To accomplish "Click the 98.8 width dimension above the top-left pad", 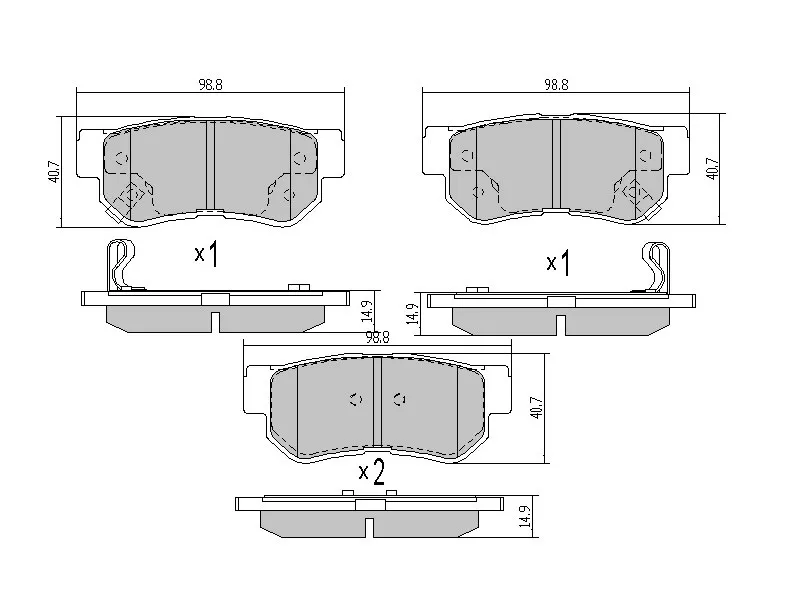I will click(210, 86).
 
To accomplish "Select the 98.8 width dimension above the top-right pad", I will click(556, 86).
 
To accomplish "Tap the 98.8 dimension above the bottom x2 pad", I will click(377, 338).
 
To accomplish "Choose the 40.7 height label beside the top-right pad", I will click(711, 166).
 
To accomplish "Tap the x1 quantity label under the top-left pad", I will click(206, 255).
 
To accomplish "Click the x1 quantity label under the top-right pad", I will click(557, 264).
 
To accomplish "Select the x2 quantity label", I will click(371, 472).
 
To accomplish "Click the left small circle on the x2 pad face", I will click(353, 399).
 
